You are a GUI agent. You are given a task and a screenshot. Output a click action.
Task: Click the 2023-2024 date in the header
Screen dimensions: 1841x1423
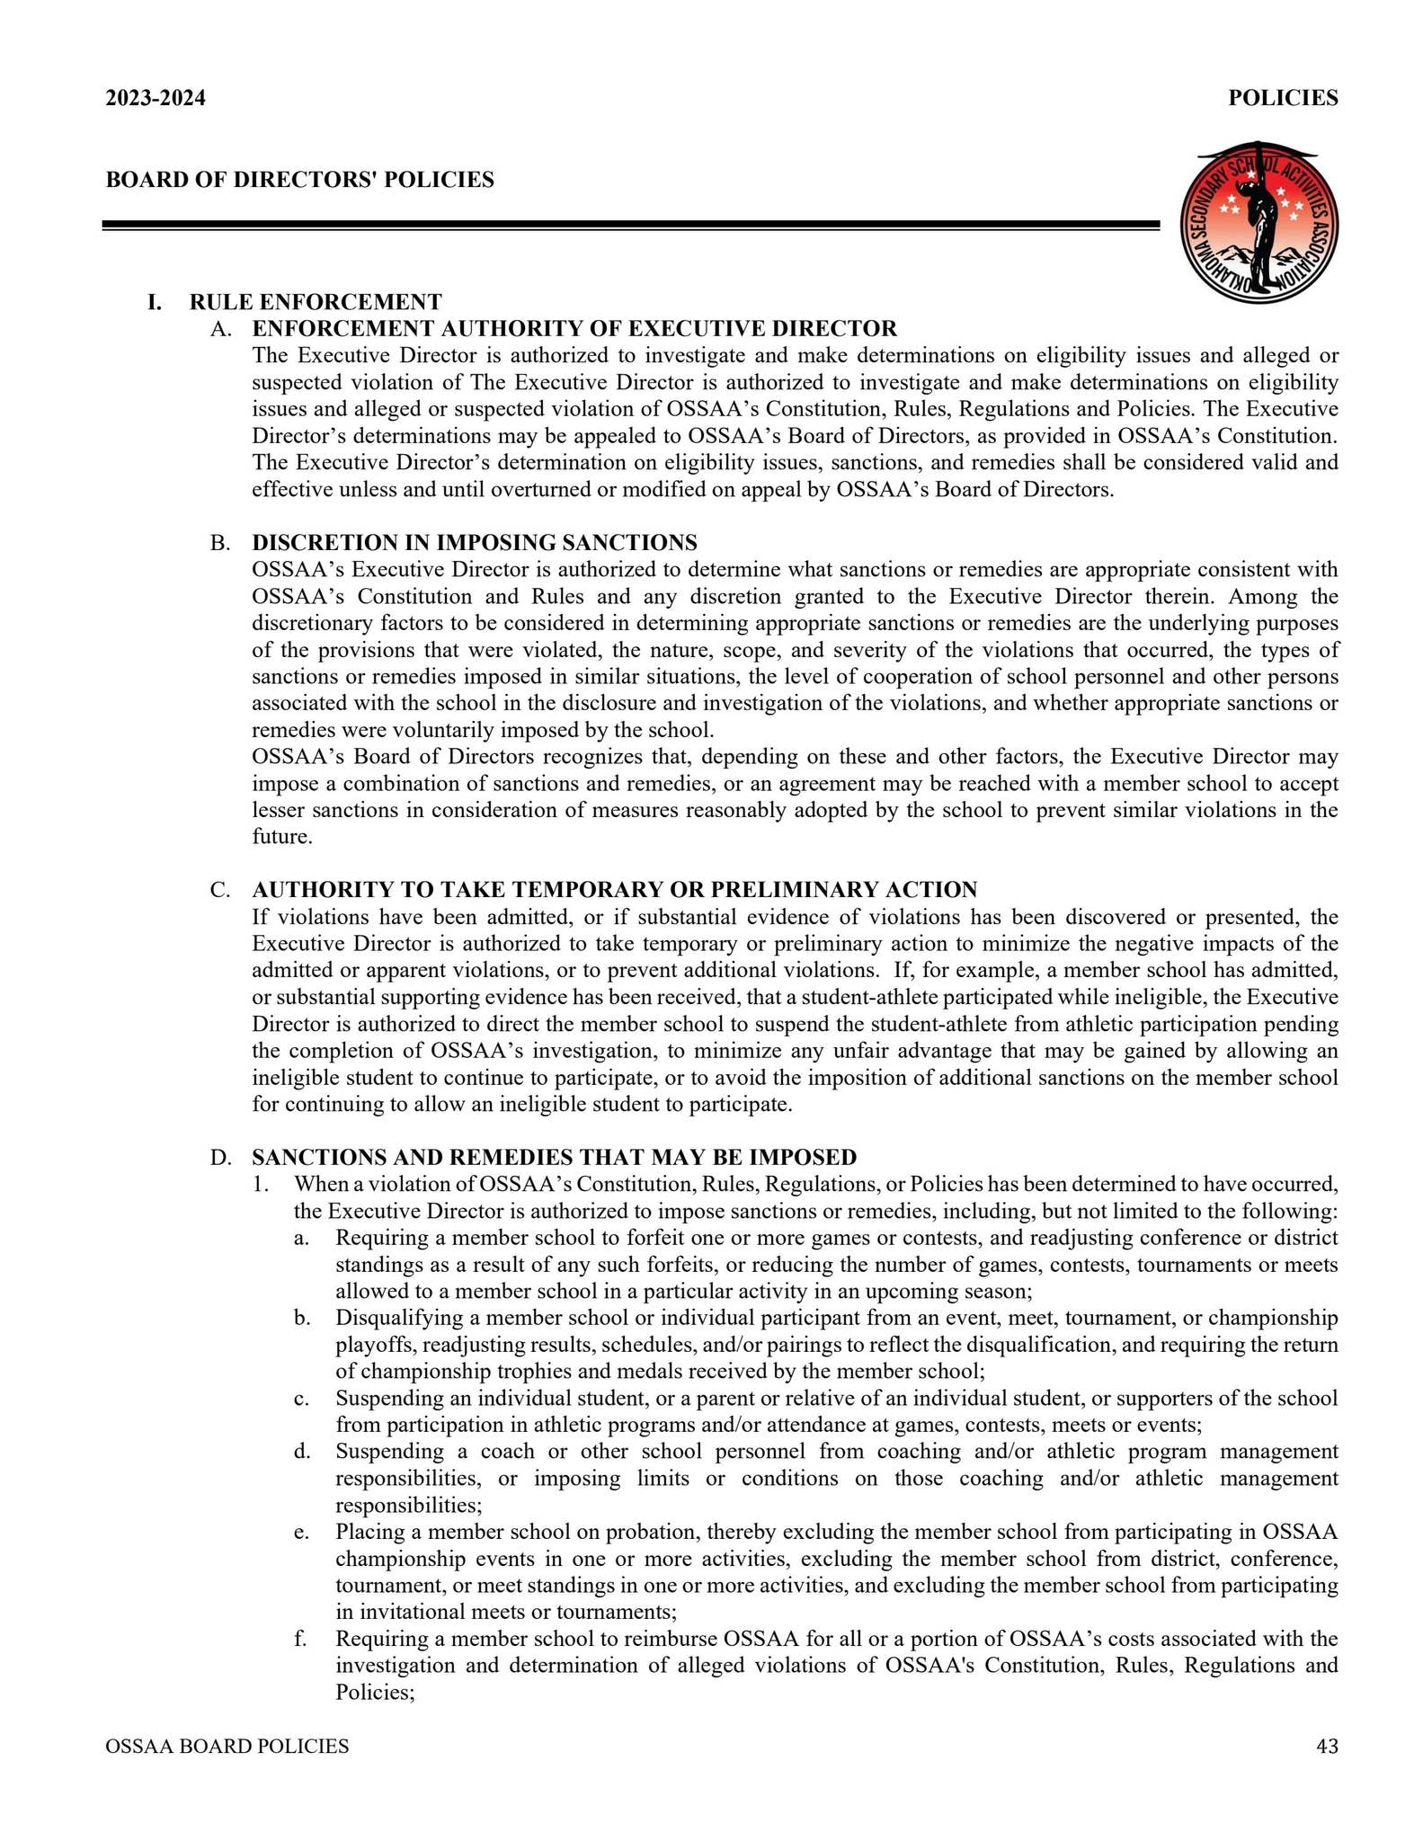point(156,98)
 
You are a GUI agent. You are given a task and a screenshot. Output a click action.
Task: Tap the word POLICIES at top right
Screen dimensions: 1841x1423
point(1283,98)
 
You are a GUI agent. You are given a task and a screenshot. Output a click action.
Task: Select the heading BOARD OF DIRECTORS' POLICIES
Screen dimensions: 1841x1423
point(300,180)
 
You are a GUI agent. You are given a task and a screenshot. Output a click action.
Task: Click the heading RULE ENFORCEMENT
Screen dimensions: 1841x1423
point(316,301)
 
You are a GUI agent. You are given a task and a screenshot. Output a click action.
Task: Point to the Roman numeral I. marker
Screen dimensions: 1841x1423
point(156,301)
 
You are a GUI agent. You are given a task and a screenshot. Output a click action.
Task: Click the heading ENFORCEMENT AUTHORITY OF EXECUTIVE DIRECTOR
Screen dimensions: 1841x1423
point(574,328)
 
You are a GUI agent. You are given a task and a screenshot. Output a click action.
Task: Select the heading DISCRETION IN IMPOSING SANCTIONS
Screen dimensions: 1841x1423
point(475,542)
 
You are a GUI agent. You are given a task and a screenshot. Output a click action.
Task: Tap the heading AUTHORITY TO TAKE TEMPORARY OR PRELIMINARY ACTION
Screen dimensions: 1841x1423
point(615,890)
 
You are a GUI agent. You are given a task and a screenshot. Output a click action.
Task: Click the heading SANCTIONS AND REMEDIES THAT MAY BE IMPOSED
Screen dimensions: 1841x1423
point(555,1157)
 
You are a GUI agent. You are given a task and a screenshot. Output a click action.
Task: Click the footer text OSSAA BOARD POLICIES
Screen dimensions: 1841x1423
point(227,1747)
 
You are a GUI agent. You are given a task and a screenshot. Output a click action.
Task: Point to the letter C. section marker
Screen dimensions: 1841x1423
point(220,890)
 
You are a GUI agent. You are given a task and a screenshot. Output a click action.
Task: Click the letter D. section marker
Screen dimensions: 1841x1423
point(220,1157)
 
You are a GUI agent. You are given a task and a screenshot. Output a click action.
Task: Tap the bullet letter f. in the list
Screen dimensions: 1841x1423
point(300,1639)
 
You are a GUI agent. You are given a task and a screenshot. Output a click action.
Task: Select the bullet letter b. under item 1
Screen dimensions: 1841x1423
point(302,1318)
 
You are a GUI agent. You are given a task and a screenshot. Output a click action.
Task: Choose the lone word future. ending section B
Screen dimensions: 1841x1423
point(282,837)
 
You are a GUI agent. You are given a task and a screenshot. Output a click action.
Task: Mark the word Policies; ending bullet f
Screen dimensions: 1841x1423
point(375,1693)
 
